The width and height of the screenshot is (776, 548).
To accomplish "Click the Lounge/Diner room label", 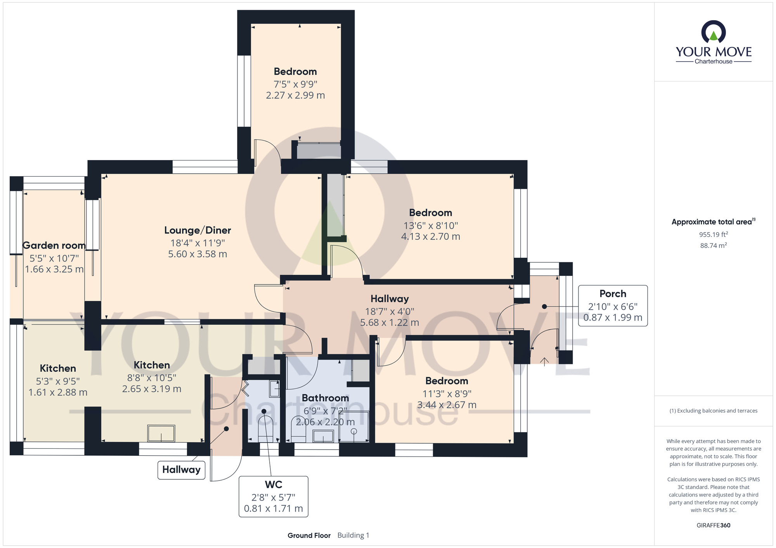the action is coord(197,230).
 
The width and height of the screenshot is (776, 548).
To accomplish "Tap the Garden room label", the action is coord(54,245).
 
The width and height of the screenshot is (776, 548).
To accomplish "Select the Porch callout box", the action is coord(613,306).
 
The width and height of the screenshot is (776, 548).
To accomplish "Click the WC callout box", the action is coord(274,496).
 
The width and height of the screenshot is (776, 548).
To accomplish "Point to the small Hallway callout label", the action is coord(181,470).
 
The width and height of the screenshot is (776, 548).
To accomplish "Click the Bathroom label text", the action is coord(325,398).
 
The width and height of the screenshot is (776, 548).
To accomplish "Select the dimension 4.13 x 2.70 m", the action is coord(431,236).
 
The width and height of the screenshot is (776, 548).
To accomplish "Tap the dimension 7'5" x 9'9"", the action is coord(296,84).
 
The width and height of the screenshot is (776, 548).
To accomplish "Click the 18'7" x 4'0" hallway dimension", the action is coord(390,311).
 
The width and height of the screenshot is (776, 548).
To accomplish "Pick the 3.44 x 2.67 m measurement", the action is coord(447,405).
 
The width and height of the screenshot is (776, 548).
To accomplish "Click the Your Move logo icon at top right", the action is coord(714,32).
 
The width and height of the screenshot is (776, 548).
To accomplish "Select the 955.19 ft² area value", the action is coord(714,234).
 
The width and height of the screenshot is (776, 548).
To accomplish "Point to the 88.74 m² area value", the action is coord(714,245).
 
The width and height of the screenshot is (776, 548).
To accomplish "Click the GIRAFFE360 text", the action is coord(714,526).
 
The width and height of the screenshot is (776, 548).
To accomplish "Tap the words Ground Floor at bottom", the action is coord(309,535).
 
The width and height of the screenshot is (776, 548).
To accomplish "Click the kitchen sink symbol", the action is coord(161,433).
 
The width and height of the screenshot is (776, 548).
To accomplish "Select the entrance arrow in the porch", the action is coord(544,362).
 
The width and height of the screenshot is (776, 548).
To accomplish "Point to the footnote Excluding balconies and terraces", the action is coord(714,411).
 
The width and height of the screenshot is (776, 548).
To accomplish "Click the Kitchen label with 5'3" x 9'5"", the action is coord(58,368).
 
